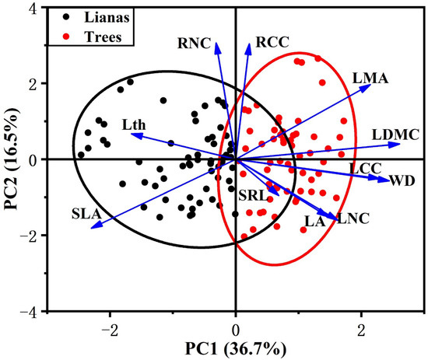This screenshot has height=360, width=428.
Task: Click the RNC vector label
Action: pos(194,44)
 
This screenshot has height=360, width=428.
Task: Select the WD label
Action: pos(402,181)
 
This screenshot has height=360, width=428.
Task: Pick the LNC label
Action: pos(352,220)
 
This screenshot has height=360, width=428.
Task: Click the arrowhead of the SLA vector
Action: pos(93,227)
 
